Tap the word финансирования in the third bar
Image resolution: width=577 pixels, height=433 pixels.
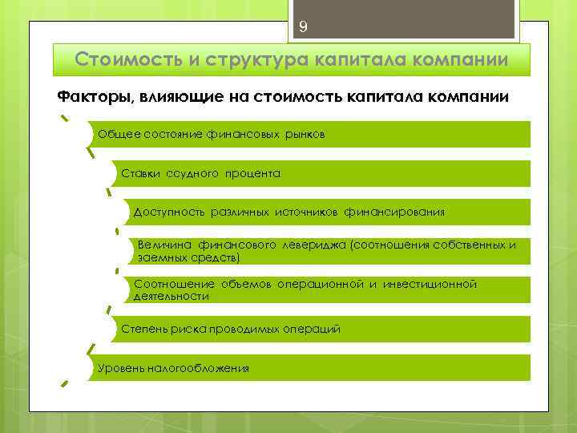pyautogui.click(x=394, y=212)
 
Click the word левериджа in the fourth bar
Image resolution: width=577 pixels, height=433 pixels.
pyautogui.click(x=309, y=244)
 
